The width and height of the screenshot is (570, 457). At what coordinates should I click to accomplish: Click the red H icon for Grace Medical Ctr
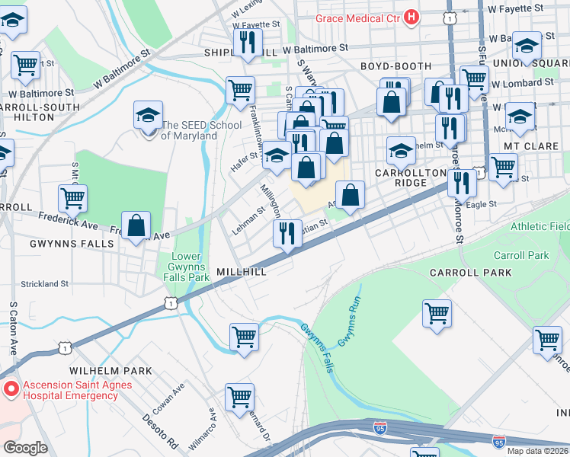[x=411, y=16]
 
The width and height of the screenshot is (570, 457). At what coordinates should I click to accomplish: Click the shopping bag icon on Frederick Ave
[x=136, y=226]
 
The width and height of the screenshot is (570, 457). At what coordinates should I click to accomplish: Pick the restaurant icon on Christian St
[x=287, y=232]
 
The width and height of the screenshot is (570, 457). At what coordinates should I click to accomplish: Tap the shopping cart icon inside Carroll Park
[x=437, y=312]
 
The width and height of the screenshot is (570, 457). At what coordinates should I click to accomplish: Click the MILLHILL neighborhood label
[x=242, y=272]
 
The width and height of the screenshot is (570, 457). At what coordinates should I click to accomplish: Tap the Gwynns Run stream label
[x=349, y=328]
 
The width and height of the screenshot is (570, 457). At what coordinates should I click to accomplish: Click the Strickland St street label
[x=45, y=284]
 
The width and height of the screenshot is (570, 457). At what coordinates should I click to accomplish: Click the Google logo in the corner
[x=25, y=448]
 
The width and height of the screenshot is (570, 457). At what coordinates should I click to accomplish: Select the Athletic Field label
[x=540, y=226]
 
